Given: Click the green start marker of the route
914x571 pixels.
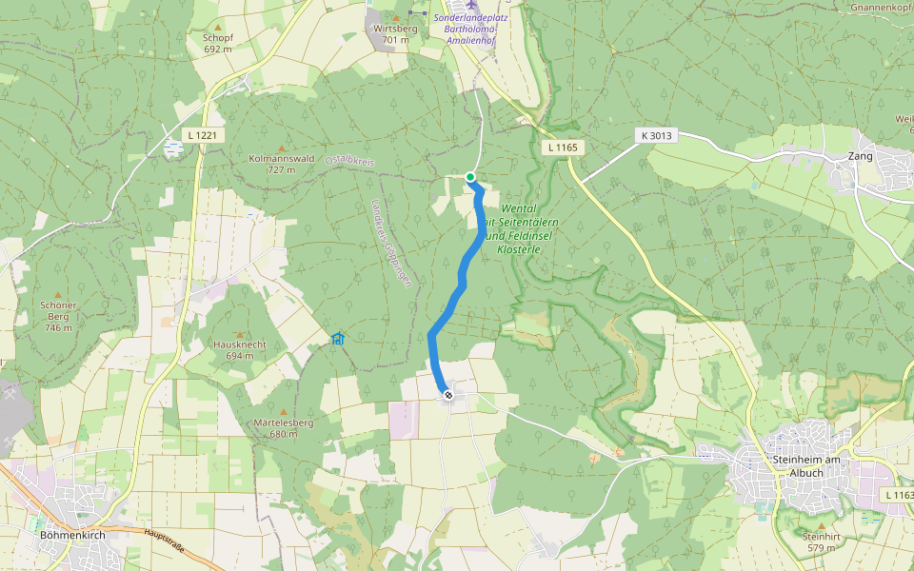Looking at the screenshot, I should coord(470,177).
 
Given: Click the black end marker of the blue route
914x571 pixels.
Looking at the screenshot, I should coord(447,394).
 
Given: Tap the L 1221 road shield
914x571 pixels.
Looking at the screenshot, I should coord(203,135).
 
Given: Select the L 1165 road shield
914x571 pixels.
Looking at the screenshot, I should coord(563,148).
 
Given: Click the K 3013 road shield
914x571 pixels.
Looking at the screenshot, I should coord(656,136).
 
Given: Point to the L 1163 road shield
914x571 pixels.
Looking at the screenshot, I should coord(898,495).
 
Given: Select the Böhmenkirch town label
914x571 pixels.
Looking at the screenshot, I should coord(71,535).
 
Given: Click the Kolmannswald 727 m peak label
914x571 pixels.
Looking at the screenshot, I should coord(281,164).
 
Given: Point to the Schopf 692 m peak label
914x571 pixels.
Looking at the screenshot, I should coord(218,43).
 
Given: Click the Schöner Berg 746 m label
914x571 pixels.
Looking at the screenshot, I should coord(57,316).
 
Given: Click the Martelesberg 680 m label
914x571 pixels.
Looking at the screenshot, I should coord(284,427).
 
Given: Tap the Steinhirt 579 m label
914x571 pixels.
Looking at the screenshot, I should coord(821,542).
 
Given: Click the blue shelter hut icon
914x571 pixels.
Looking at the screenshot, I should coord(337,338).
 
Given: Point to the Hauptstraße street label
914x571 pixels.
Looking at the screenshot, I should coord(164,541).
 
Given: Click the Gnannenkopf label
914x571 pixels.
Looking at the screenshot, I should coord(884,8).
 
